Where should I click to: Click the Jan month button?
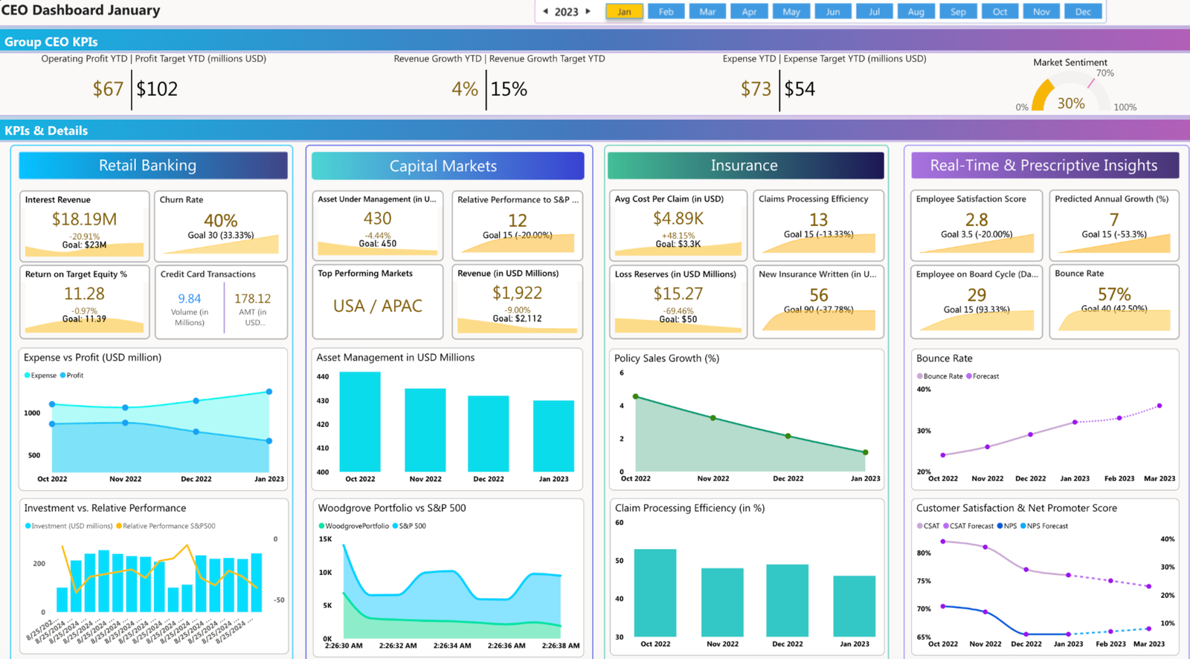(x=624, y=11)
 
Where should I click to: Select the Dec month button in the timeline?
(x=1083, y=11)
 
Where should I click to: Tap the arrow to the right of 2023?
(x=588, y=11)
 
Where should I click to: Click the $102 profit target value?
(x=157, y=89)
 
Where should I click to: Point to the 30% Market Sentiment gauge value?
(x=1070, y=103)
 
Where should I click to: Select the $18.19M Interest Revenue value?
(x=84, y=219)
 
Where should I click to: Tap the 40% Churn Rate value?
(x=220, y=220)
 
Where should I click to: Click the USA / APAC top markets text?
(x=378, y=306)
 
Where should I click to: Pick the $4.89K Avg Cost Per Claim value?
(x=678, y=219)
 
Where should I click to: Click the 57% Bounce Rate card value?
(x=1113, y=294)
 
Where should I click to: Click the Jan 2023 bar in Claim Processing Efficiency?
(x=854, y=605)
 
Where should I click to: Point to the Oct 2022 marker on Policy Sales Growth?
(x=635, y=396)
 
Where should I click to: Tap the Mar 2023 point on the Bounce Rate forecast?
(x=1160, y=406)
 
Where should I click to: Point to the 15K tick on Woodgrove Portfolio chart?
(x=325, y=539)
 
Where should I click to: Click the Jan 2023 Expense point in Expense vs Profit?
(x=269, y=391)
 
